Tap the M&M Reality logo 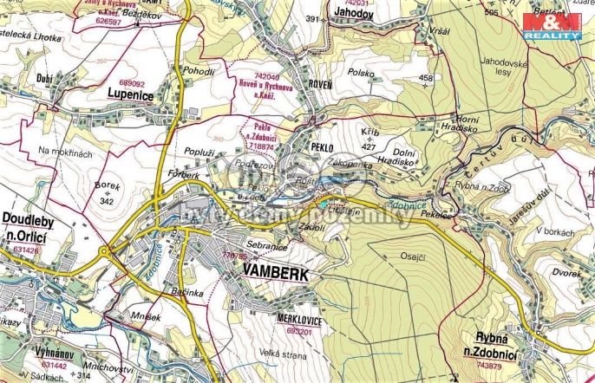pyautogui.click(x=552, y=26)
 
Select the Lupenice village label pyautogui.click(x=131, y=90)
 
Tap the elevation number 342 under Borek pyautogui.click(x=107, y=202)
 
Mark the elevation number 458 pyautogui.click(x=425, y=79)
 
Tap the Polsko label pyautogui.click(x=360, y=75)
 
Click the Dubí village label pyautogui.click(x=47, y=76)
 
